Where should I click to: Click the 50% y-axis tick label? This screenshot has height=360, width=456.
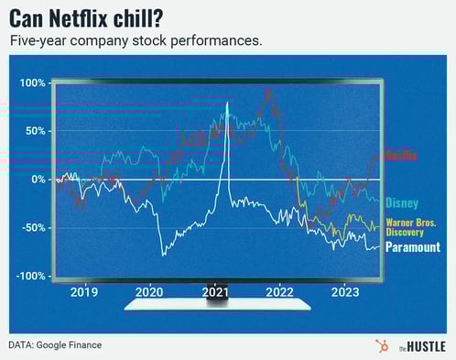34,131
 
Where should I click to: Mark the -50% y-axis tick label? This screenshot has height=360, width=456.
32,228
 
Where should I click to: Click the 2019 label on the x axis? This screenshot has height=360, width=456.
84,293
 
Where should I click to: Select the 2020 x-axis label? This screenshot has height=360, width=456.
149,293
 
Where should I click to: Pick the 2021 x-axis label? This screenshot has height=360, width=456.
215,293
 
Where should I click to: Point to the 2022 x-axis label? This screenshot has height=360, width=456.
280,293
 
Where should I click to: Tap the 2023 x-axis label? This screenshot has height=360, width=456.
345,293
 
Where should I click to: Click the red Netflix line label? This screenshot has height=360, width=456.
399,155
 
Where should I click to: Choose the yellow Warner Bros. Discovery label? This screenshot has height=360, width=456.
411,227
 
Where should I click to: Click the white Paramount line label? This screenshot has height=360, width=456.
412,247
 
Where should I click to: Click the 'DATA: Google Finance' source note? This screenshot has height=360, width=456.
56,344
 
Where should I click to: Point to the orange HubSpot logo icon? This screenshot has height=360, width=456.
381,344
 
